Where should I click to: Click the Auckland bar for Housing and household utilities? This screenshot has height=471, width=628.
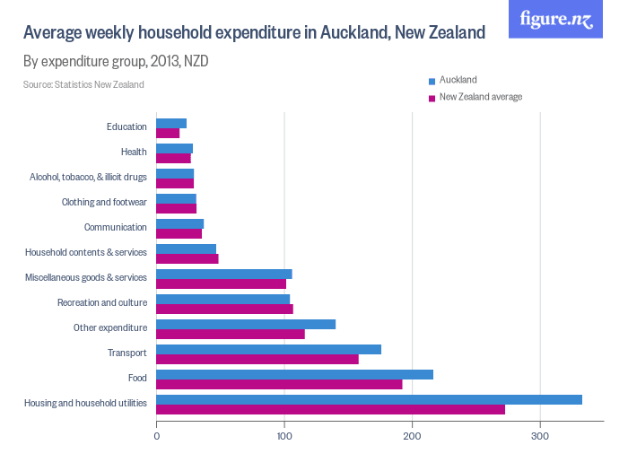369,399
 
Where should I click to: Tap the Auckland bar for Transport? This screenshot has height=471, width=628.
268,349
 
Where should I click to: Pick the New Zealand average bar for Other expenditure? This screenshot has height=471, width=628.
231,334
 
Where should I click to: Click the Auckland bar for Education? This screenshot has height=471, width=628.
171,123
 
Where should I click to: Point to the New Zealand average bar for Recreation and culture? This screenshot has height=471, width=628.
224,309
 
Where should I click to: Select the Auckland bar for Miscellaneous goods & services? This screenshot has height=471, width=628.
223,274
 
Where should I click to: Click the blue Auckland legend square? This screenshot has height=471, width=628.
432,81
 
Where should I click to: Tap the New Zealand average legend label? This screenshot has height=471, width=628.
480,97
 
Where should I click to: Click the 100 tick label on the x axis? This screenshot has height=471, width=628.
284,437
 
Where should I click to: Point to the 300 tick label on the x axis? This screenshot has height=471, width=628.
540,437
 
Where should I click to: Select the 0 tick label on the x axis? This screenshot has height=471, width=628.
157,437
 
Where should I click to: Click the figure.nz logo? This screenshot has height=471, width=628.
555,19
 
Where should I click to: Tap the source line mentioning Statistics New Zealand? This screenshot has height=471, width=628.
83,84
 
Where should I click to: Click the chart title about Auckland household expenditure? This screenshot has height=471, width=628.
254,33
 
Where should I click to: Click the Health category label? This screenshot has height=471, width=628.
134,152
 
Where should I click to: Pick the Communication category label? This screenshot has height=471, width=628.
115,227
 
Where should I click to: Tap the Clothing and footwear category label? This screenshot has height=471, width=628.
104,202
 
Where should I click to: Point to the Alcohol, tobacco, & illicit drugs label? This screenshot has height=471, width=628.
87,177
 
